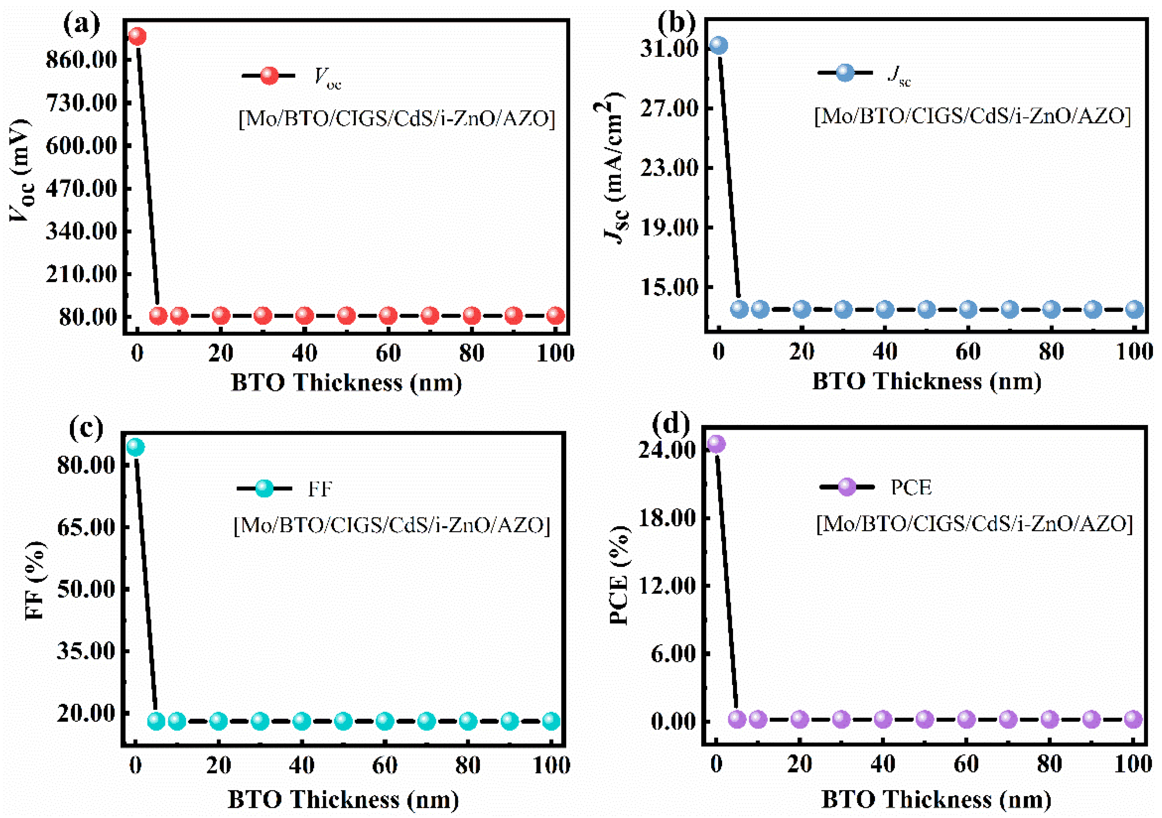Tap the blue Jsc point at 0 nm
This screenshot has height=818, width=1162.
click(719, 45)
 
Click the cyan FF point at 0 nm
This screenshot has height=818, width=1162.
click(135, 447)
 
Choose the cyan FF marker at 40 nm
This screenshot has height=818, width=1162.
click(302, 720)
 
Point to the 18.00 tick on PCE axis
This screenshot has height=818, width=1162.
click(667, 518)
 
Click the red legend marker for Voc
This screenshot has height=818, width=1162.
click(269, 75)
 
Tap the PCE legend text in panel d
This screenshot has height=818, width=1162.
click(911, 487)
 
